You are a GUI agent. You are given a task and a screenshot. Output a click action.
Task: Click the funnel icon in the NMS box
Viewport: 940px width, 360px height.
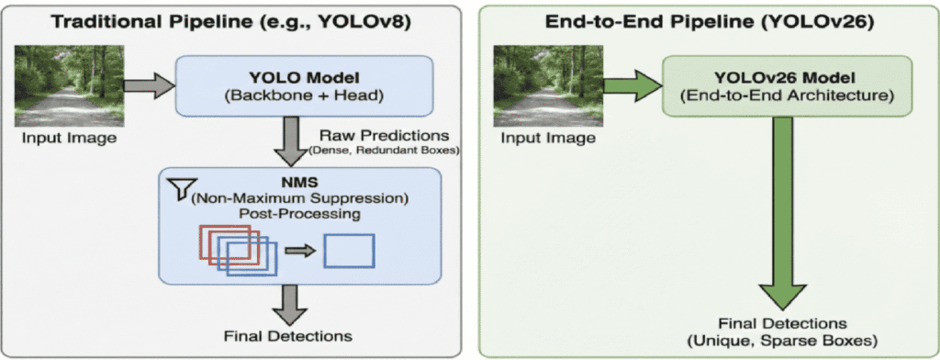177,187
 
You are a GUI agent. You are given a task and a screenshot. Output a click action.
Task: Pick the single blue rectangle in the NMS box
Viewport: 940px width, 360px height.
350,250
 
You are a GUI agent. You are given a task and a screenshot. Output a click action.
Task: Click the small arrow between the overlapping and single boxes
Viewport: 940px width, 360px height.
298,250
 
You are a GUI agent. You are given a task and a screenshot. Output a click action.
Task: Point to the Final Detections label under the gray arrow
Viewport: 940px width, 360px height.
288,335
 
